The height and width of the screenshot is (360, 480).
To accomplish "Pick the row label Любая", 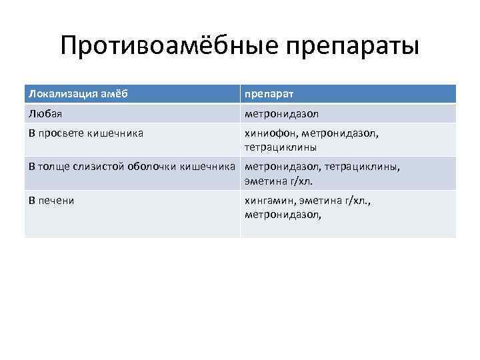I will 44,113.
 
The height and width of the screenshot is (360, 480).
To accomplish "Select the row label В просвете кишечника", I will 87,133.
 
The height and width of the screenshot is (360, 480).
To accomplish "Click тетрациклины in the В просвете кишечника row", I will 281,147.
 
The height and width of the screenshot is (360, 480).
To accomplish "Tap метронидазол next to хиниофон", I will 341,133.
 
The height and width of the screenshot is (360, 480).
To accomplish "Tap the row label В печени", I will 51,200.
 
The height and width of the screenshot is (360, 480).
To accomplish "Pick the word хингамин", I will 270,200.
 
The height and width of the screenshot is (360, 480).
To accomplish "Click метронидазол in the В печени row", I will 283,214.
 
